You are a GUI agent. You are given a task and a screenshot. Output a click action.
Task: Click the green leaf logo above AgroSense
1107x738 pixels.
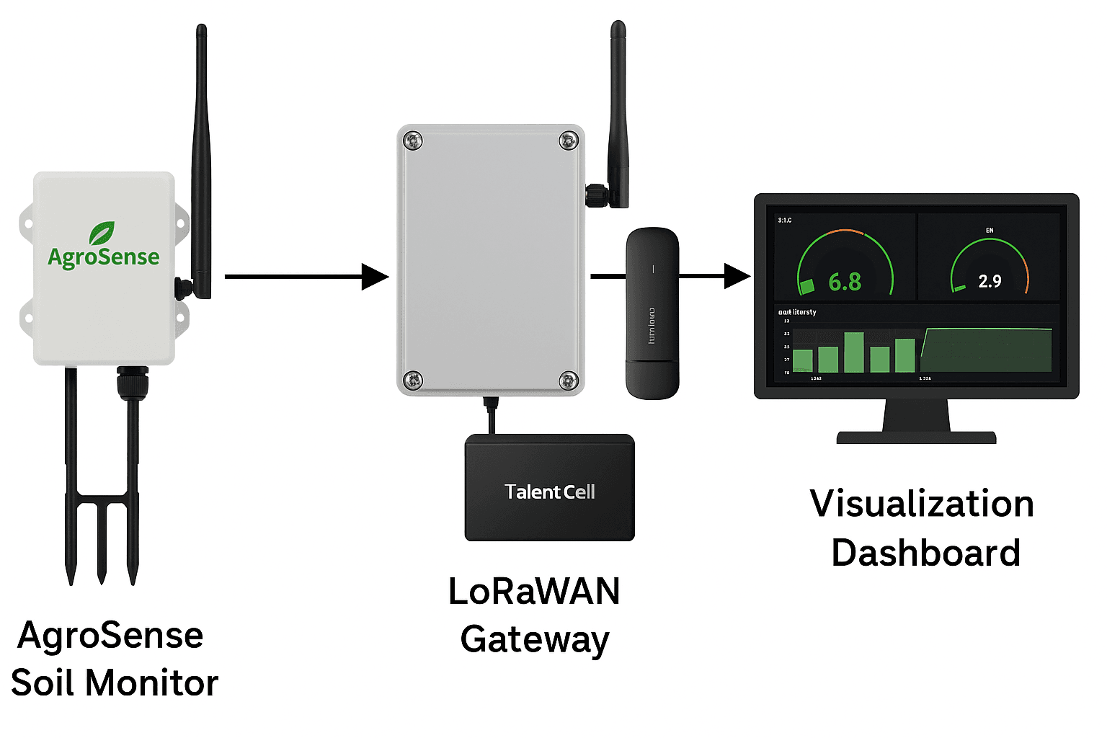tap(102, 233)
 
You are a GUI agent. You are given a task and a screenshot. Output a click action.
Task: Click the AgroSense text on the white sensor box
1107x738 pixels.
tap(104, 257)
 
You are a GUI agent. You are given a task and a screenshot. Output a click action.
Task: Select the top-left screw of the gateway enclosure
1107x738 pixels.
tap(413, 141)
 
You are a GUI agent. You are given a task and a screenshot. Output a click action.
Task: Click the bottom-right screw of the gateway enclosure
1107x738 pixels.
tap(569, 379)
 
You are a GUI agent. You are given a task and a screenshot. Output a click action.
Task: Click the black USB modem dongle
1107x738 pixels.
tap(652, 314)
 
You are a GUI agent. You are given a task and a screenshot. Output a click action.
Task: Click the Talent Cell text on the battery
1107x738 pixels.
tap(550, 492)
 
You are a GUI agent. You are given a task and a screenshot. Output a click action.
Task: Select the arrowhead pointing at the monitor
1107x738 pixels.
tap(737, 275)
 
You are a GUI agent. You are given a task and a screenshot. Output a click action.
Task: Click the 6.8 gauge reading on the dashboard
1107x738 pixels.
tap(845, 282)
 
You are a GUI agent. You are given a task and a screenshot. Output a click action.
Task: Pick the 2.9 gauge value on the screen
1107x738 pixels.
tap(990, 281)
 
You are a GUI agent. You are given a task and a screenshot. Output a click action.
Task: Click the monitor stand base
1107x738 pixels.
tap(916, 437)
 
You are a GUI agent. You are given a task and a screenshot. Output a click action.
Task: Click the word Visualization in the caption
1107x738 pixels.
tap(922, 503)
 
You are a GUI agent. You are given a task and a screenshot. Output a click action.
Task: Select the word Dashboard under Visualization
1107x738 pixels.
tap(925, 553)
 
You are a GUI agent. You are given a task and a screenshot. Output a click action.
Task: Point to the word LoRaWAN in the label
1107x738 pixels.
tap(534, 591)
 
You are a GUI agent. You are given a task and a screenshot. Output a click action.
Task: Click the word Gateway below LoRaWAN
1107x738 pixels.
tap(535, 639)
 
